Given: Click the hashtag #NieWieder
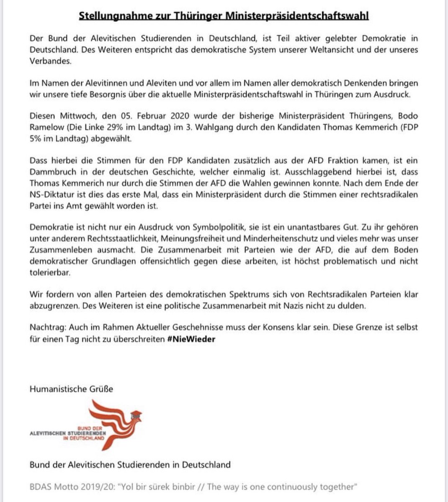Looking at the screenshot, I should [x=191, y=339].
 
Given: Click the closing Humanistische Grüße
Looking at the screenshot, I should [x=71, y=389].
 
